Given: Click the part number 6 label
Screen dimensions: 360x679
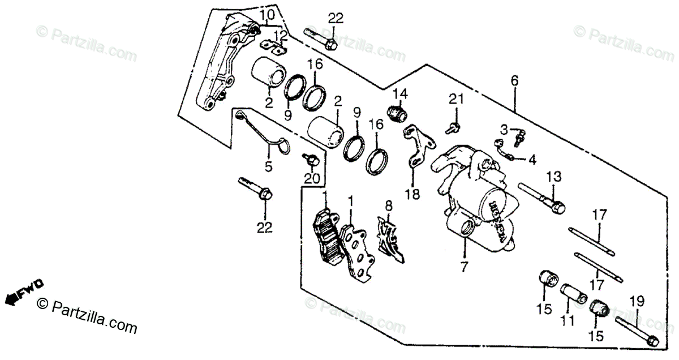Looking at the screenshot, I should (x=514, y=81).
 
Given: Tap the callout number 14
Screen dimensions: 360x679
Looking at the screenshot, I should (x=400, y=93).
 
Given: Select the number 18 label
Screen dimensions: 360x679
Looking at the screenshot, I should (x=412, y=194).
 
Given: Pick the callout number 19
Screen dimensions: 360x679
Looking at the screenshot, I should (x=636, y=301).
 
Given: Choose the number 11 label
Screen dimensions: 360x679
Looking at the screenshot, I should (x=568, y=321).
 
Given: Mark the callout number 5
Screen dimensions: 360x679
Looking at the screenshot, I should (x=268, y=166).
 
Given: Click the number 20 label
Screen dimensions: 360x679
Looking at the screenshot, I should (x=312, y=179).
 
